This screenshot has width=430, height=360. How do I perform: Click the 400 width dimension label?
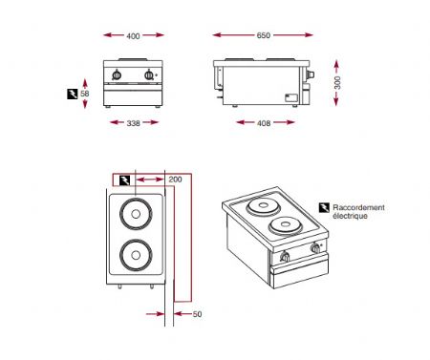coord(133,35)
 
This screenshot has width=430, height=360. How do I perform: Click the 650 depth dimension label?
coord(263,35)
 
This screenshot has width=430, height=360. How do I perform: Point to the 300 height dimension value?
coord(335,83)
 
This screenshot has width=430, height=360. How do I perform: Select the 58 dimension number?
coord(85,94)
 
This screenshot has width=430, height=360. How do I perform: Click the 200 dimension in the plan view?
coord(174,179)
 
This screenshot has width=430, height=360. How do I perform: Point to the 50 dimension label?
coord(197,313)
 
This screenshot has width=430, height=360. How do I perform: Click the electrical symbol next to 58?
coord(72,94)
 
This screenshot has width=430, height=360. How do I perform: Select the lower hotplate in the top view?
coord(134,255)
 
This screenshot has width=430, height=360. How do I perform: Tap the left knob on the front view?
coord(118,75)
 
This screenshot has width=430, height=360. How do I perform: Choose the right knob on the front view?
coord(148,75)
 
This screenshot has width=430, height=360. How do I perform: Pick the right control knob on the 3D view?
coord(314,250)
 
